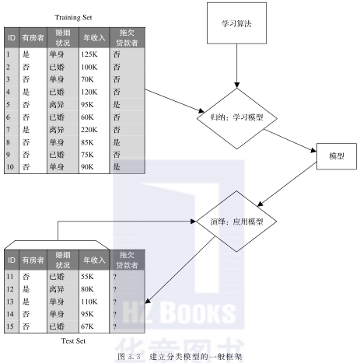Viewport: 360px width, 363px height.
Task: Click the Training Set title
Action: pos(73,18)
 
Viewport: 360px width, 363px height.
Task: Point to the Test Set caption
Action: pos(73,341)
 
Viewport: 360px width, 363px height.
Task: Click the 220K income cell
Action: pos(89,130)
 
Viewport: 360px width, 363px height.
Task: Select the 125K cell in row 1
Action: pos(89,54)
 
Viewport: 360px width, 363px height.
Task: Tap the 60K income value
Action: pos(87,117)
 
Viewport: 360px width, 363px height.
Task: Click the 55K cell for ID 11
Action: pos(87,277)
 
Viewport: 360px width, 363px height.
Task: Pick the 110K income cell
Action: pos(89,302)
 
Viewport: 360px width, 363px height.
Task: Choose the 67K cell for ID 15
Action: pos(87,326)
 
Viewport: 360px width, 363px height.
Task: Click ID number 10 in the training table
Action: pos(10,167)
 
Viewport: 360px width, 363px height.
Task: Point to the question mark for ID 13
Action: pos(114,302)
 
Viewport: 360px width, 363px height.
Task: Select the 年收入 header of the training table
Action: pos(94,38)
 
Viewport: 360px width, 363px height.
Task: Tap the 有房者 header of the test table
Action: pos(33,260)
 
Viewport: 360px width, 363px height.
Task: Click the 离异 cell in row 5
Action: pos(57,105)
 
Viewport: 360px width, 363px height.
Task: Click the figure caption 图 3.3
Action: pos(129,357)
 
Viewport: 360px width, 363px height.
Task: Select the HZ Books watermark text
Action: pos(179,312)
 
